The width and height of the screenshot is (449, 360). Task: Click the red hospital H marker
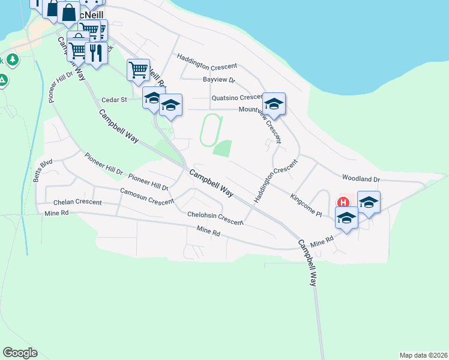(x=344, y=203)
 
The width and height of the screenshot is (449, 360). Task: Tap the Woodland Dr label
(x=361, y=178)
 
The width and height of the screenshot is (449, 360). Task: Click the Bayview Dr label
(x=218, y=80)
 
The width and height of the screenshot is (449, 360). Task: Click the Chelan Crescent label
(x=77, y=202)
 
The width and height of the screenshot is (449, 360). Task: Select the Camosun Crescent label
(x=146, y=196)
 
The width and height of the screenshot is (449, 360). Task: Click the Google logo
(x=20, y=353)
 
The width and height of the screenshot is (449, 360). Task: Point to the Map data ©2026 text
(x=423, y=355)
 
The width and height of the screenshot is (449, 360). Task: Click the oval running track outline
(x=211, y=130)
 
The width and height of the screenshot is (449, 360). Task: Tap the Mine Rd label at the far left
(x=57, y=213)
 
